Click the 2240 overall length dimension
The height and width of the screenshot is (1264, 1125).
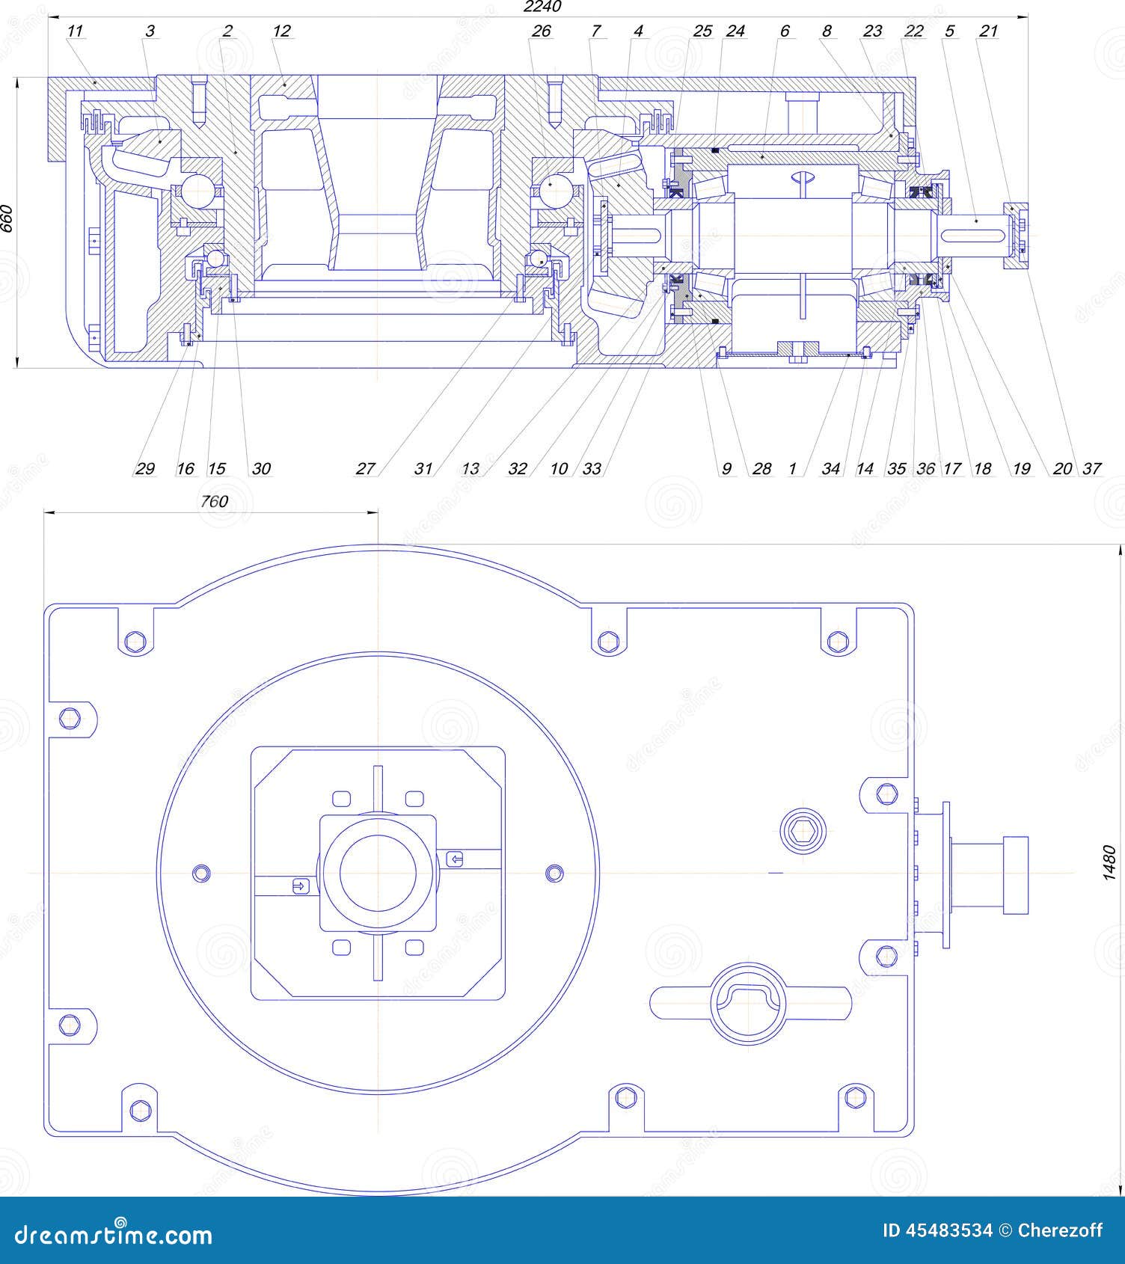pos(542,7)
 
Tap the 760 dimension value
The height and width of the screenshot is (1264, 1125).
pos(214,501)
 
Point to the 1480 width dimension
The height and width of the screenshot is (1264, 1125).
pos(1110,862)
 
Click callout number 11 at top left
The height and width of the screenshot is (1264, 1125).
pos(75,31)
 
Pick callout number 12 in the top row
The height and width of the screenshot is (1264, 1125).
pos(281,31)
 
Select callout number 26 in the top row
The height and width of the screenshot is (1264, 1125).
pos(541,31)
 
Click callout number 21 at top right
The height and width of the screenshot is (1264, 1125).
pos(988,31)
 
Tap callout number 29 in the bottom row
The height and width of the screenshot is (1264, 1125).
pos(144,469)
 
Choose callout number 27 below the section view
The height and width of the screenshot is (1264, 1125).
pos(365,469)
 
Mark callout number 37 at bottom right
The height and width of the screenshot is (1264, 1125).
pos(1092,469)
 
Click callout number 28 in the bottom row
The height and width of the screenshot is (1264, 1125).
pos(761,469)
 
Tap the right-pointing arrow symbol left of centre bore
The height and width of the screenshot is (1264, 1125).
pos(299,886)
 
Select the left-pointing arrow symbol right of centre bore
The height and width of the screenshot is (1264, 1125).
pos(455,859)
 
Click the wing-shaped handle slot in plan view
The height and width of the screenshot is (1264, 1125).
pos(750,1002)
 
